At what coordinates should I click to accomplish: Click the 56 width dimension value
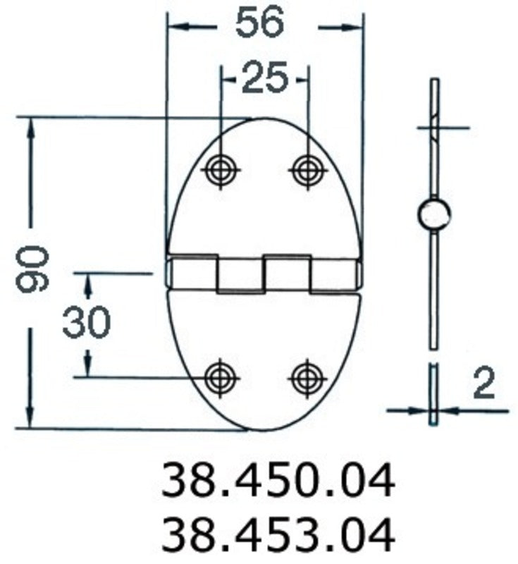[x=259, y=23]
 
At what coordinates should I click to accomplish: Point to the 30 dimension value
[x=86, y=324]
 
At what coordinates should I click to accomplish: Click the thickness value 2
[x=483, y=385]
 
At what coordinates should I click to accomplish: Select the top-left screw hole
[x=222, y=170]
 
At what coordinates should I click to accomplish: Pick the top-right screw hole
[x=308, y=170]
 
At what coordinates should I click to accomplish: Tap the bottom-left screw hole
[x=222, y=377]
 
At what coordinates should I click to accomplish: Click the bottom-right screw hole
[x=308, y=377]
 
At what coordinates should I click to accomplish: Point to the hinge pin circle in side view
[x=434, y=214]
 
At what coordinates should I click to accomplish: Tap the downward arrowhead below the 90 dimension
[x=30, y=416]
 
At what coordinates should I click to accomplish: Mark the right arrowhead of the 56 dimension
[x=352, y=27]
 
